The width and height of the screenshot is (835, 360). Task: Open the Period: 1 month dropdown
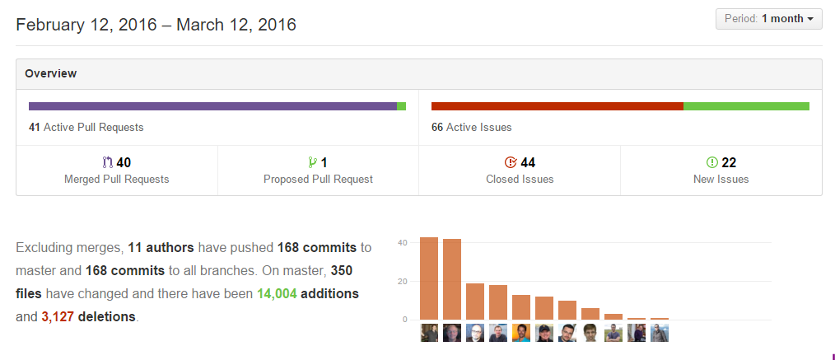[768, 19]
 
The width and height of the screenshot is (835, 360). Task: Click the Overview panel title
[50, 73]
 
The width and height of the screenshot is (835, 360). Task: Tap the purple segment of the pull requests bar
[212, 106]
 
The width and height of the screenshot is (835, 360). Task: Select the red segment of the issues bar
[557, 106]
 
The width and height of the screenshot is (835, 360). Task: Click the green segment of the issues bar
[746, 106]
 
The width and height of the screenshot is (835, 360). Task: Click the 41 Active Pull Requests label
[86, 128]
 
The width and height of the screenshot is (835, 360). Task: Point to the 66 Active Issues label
[471, 128]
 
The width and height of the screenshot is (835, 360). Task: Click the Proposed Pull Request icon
[312, 163]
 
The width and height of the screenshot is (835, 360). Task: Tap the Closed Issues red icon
[510, 163]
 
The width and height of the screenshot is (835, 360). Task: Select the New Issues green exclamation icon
[712, 163]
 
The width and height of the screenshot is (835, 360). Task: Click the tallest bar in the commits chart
[429, 278]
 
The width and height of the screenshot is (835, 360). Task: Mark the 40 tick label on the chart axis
[402, 243]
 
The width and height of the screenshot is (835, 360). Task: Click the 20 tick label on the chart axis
[402, 281]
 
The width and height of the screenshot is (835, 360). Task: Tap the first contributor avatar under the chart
[429, 333]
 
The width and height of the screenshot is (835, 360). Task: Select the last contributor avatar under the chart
[660, 333]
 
